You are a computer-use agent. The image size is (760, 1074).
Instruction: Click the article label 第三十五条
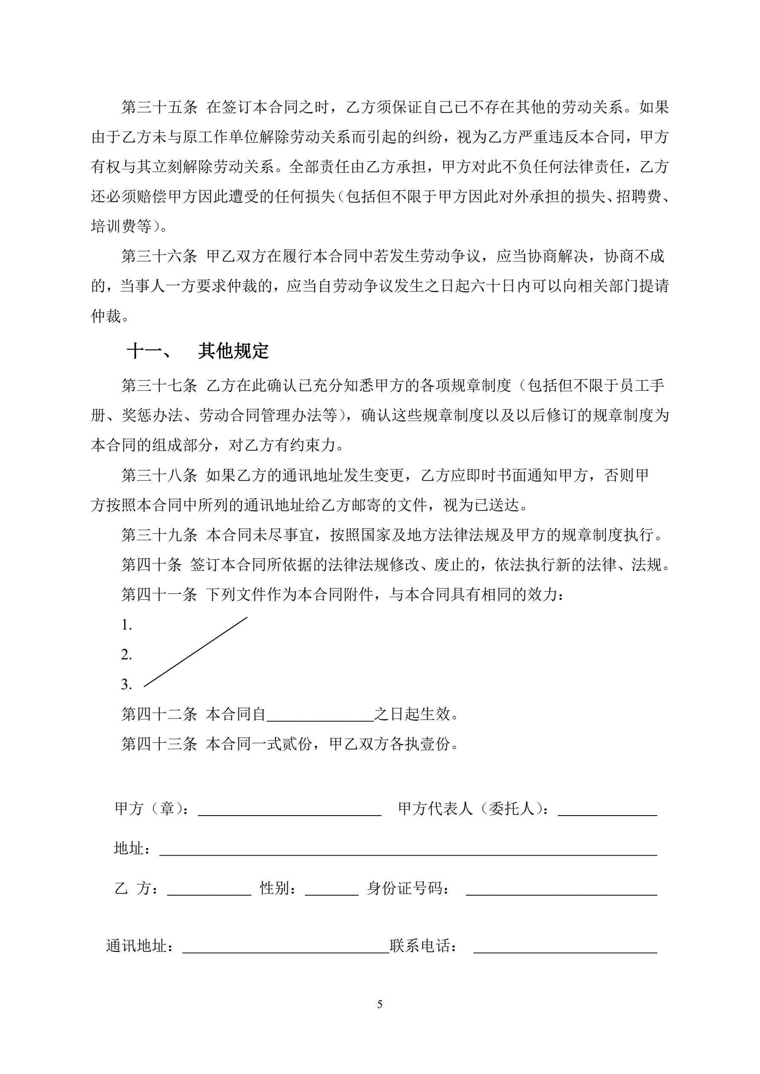click(159, 107)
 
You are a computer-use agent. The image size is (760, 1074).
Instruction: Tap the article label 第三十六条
click(159, 256)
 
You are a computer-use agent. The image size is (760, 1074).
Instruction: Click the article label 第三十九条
click(159, 535)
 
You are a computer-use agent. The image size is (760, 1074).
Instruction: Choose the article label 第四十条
click(151, 564)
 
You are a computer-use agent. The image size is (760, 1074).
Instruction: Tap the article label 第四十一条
click(159, 595)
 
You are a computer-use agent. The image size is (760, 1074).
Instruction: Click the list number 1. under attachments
click(126, 625)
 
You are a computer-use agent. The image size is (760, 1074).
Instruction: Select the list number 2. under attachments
click(126, 654)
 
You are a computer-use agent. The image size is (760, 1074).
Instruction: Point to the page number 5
click(379, 1004)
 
